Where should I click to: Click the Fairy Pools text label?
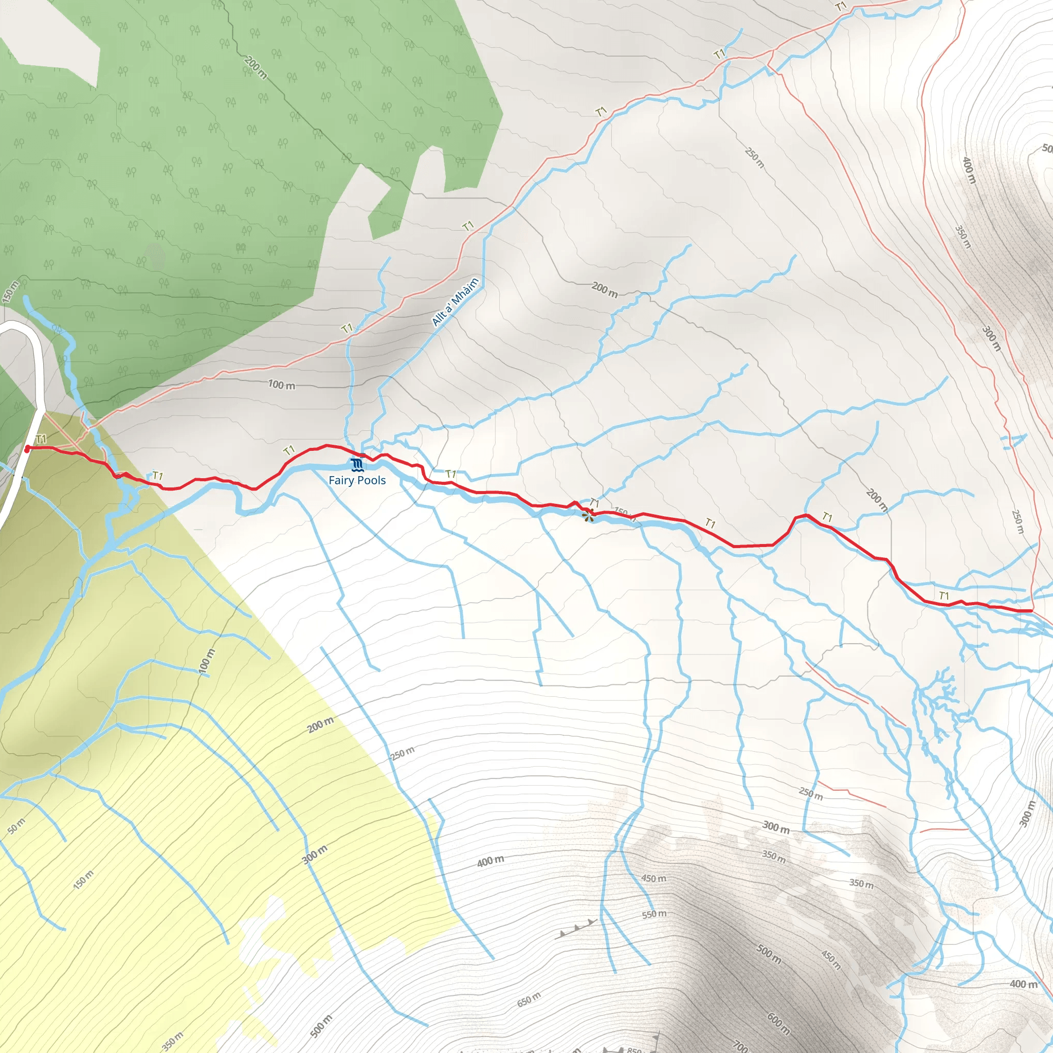tap(357, 480)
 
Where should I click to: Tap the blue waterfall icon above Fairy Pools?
tap(357, 465)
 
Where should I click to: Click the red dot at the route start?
tap(27, 448)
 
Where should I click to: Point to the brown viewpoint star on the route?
tap(588, 515)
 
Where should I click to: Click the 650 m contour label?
tap(528, 999)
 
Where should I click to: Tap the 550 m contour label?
tap(654, 914)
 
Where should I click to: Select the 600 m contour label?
tap(778, 1023)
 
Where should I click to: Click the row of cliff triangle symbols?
tap(577, 928)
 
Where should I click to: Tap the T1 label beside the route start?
tap(41, 439)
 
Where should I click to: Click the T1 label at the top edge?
tap(842, 7)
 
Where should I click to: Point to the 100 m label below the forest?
tap(281, 385)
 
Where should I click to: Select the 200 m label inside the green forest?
tap(256, 67)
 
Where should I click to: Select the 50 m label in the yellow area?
tap(16, 826)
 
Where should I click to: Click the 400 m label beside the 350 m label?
tap(968, 170)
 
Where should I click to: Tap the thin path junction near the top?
tap(772, 52)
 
